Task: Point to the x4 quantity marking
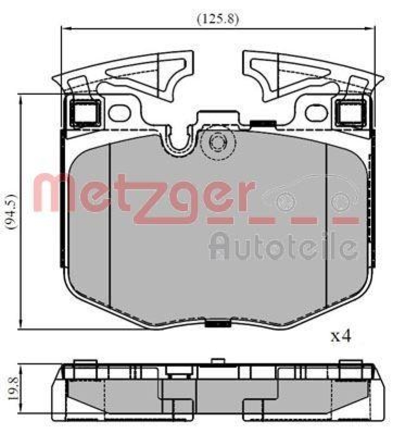tap(341, 336)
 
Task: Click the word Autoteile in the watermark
tap(283, 246)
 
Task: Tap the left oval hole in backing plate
tap(118, 112)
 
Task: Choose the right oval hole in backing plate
tap(314, 112)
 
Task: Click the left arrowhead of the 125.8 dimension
tap(63, 28)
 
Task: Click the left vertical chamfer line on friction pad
tap(110, 228)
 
